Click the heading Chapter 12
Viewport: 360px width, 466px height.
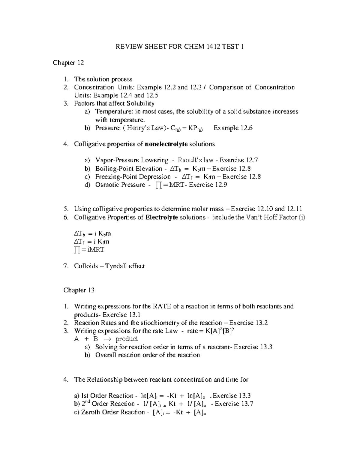point(68,63)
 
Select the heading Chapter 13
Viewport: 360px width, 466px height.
point(79,290)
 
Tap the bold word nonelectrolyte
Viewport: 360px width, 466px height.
point(166,144)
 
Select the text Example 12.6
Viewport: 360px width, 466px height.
point(233,128)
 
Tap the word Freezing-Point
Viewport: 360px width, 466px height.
point(115,177)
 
